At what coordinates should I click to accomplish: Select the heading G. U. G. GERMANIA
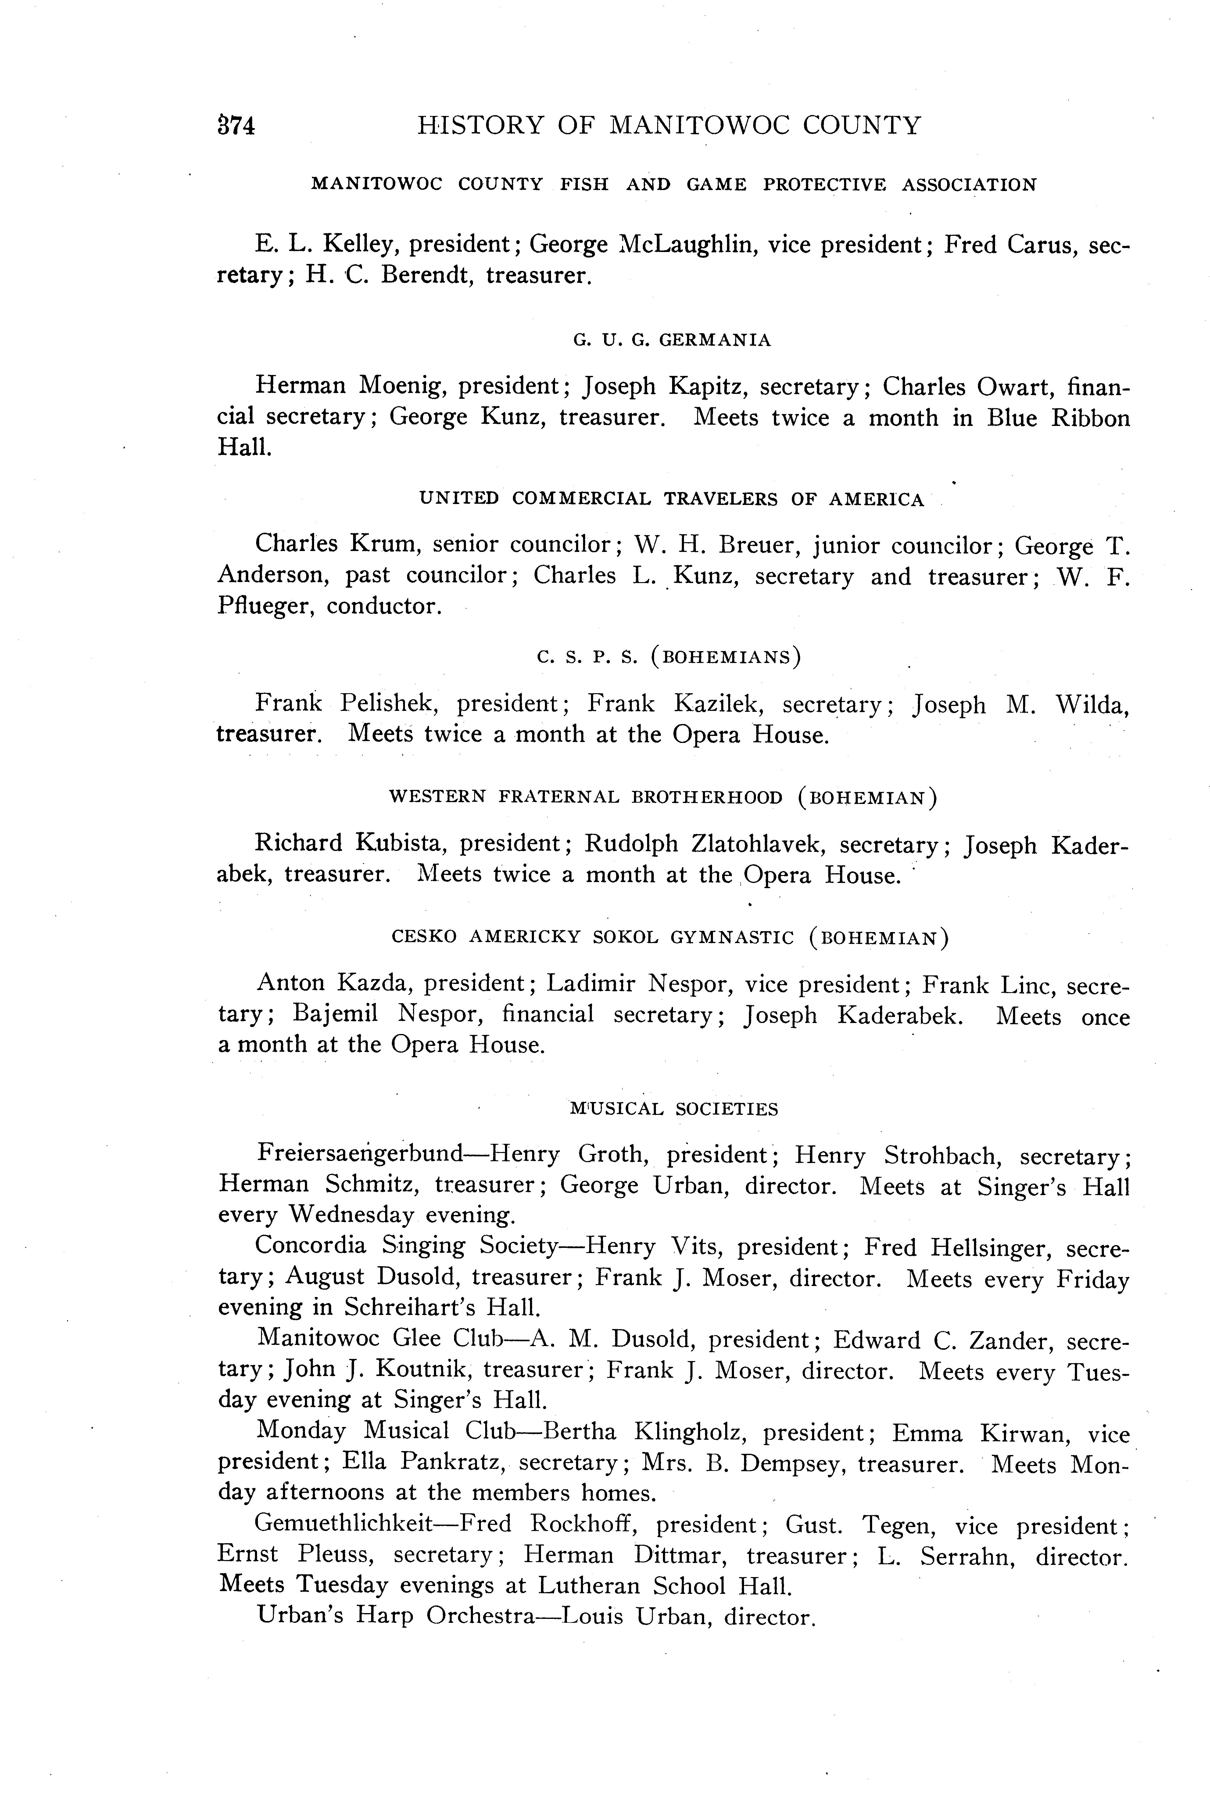click(671, 340)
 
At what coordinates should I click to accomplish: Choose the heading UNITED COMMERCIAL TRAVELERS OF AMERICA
click(671, 499)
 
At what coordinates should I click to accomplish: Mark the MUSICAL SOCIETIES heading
click(674, 1109)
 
